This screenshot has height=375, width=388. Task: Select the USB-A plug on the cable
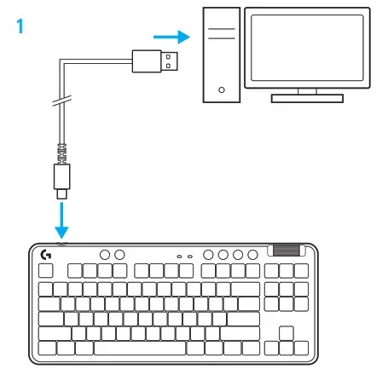157,61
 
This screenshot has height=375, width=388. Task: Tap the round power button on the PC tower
222,89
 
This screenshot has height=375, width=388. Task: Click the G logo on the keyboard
46,254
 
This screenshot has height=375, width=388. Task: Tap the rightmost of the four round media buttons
252,254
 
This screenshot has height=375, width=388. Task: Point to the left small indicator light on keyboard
179,255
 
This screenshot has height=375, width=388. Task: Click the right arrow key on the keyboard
300,348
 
